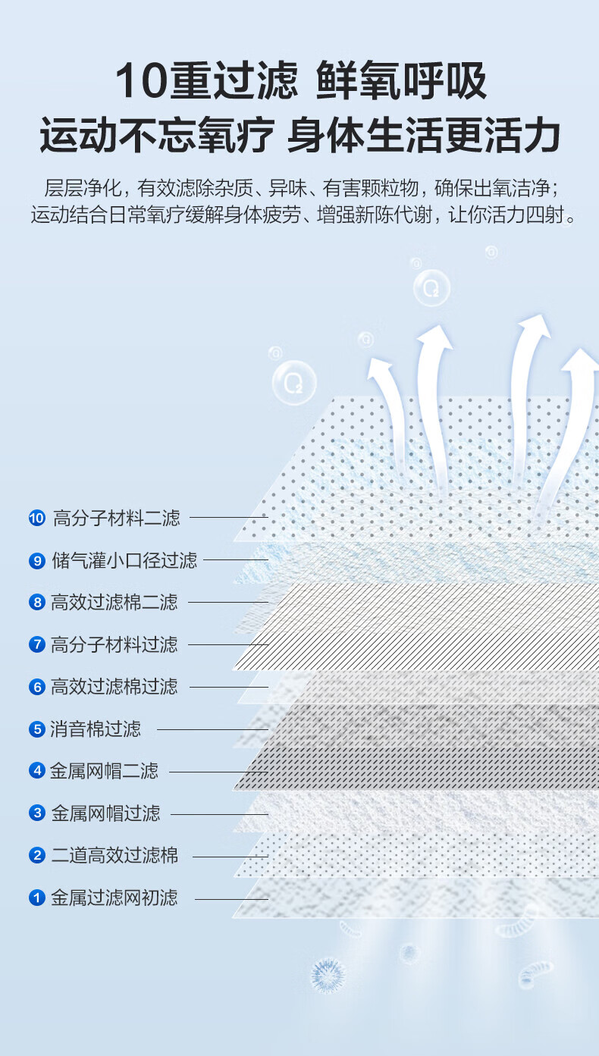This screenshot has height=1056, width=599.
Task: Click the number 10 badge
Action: point(37,519)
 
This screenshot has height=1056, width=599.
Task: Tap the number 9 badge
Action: point(37,561)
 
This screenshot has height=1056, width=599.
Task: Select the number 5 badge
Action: point(37,729)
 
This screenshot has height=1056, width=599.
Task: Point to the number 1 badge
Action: point(37,898)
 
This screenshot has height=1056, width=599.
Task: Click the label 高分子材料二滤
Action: point(116,519)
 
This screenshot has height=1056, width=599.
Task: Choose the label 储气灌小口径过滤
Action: point(124,561)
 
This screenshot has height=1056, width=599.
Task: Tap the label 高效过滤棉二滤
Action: point(114,603)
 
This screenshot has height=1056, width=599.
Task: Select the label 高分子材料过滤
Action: point(114,645)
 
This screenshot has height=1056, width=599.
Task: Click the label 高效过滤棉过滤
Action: point(114,687)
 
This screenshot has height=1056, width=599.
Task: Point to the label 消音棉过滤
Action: point(96,729)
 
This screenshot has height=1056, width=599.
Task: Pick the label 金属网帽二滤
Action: point(105,772)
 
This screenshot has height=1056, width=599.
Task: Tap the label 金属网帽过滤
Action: point(105,814)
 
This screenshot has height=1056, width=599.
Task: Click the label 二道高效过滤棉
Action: point(114,857)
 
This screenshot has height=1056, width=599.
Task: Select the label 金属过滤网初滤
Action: point(114,898)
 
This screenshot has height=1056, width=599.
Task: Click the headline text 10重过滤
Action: point(206,82)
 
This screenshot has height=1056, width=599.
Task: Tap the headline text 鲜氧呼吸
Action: point(401,82)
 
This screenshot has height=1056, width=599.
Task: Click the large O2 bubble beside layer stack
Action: point(293,382)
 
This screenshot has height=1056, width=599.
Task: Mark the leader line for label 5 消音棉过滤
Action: point(212,729)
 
